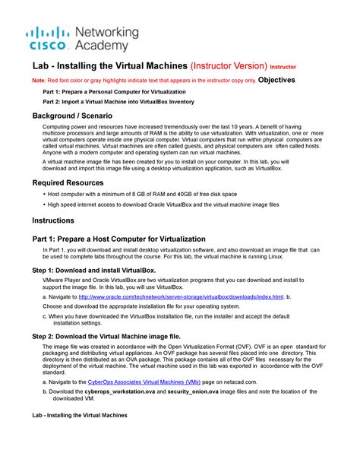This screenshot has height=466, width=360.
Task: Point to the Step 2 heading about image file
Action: (106, 334)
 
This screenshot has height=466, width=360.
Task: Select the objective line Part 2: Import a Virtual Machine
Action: (118, 101)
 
